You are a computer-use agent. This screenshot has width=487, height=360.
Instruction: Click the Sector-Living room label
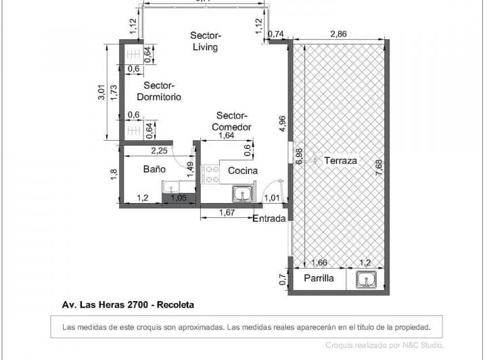(205, 41)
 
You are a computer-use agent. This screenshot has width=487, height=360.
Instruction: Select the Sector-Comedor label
(232, 121)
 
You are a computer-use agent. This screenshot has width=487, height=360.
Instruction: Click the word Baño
(154, 169)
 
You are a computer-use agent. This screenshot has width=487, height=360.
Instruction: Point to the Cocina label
(242, 171)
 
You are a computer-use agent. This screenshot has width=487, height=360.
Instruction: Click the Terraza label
(341, 160)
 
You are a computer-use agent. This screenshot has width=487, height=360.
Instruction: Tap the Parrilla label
(319, 278)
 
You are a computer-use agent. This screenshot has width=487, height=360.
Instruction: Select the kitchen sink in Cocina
(242, 194)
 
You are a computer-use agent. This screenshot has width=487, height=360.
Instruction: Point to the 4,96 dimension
(283, 127)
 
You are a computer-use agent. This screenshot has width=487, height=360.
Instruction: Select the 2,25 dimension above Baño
(160, 150)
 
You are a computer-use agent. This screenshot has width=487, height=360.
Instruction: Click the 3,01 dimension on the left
(101, 93)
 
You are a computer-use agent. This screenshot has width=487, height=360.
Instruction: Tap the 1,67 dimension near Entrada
(227, 213)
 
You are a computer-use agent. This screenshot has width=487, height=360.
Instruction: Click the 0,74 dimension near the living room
(275, 33)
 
